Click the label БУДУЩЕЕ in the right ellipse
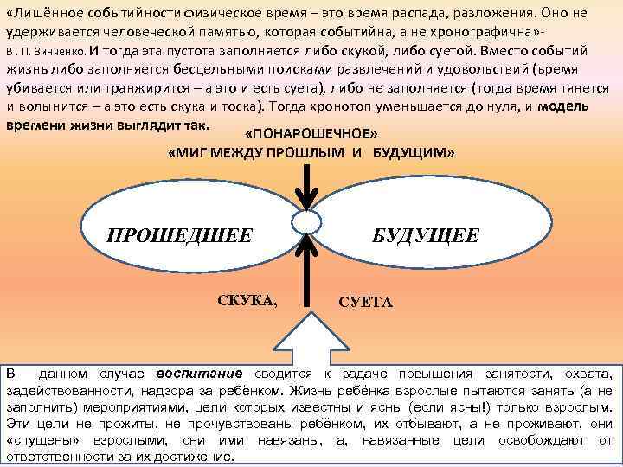(425, 235)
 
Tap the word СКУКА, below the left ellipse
(248, 301)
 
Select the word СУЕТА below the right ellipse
(365, 303)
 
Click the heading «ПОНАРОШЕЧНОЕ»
(311, 137)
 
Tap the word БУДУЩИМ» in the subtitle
(414, 153)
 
